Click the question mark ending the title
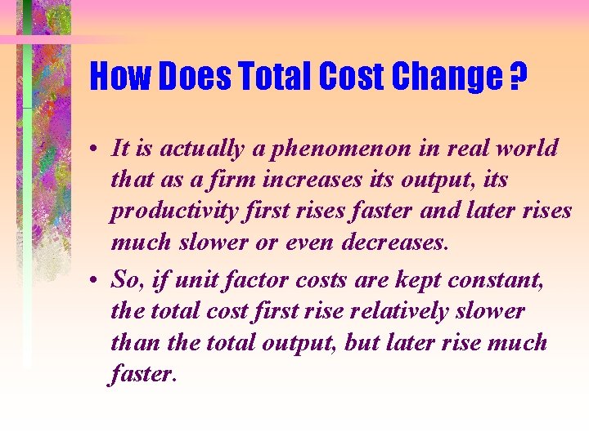(x=518, y=78)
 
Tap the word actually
(x=200, y=149)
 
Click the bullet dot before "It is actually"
(x=96, y=149)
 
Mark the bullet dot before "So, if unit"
(x=96, y=281)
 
